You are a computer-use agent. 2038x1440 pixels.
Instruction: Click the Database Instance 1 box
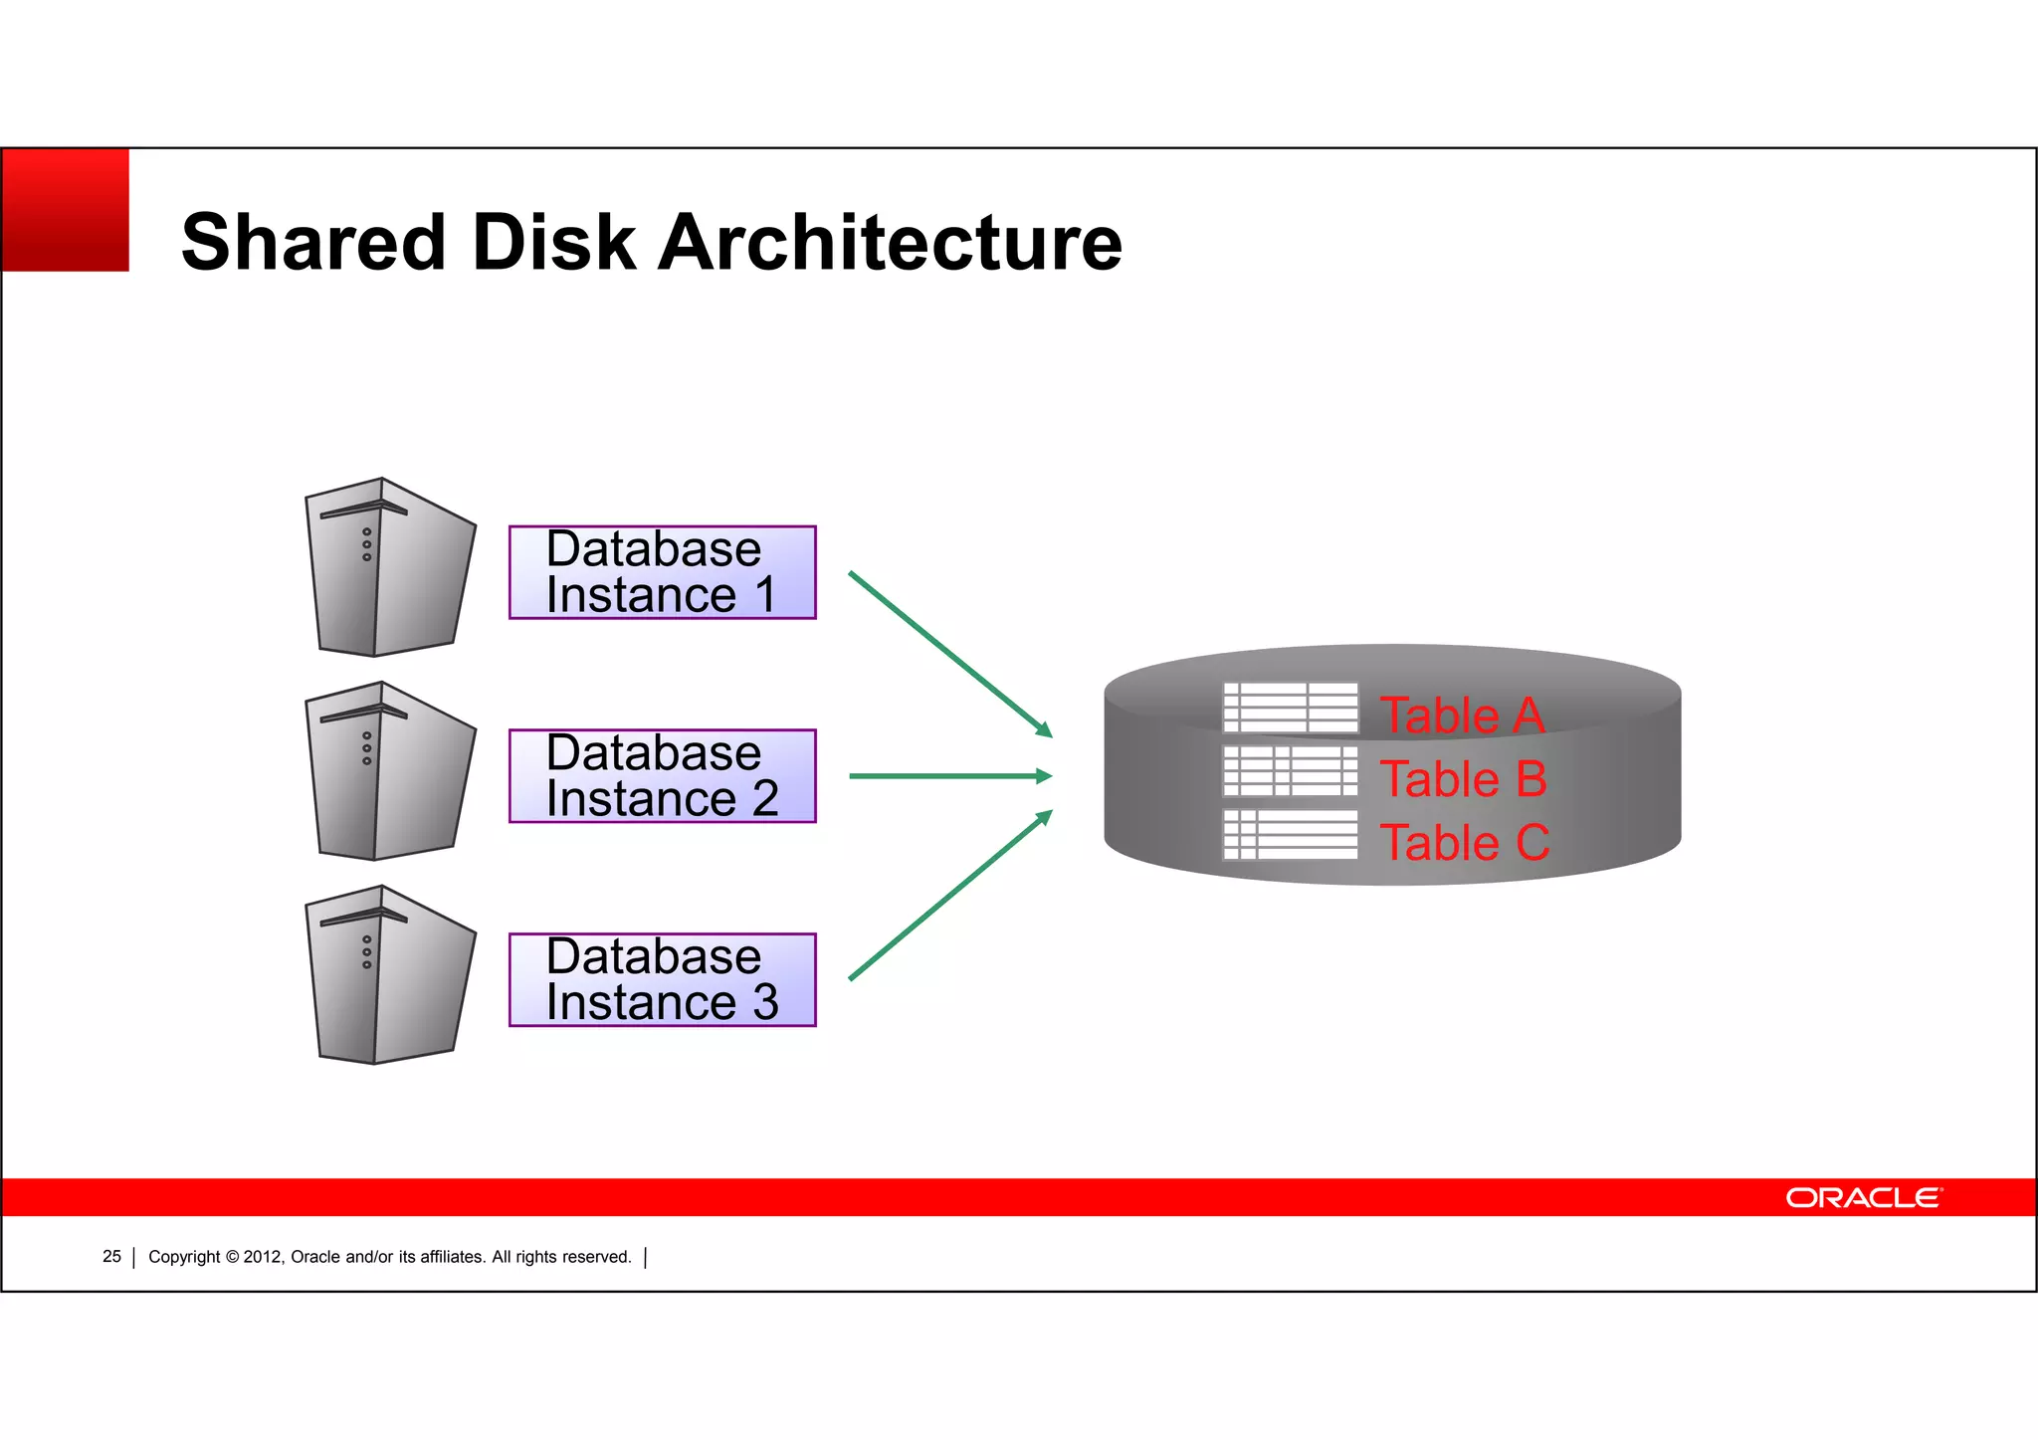click(x=662, y=572)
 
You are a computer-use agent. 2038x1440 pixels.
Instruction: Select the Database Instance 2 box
click(x=662, y=776)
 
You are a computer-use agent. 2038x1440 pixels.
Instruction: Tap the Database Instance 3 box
click(x=662, y=979)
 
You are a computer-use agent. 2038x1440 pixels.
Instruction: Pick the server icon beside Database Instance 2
click(x=388, y=772)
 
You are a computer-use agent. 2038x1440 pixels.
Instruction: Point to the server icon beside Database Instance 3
click(x=388, y=976)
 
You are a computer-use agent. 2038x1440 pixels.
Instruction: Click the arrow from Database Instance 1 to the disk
click(x=949, y=654)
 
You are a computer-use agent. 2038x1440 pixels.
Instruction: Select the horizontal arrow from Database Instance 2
click(x=949, y=776)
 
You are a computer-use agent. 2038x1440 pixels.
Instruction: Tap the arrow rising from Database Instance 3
click(x=949, y=896)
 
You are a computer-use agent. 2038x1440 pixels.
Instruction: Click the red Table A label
click(x=1461, y=716)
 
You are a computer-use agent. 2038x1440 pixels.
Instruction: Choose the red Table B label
click(x=1463, y=779)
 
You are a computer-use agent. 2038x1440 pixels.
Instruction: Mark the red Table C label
click(x=1464, y=843)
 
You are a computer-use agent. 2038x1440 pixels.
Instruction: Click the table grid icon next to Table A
click(x=1291, y=708)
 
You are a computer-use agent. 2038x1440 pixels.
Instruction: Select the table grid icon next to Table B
click(x=1291, y=771)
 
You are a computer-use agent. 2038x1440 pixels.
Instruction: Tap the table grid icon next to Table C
click(x=1291, y=834)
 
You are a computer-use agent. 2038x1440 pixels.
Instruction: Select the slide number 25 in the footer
click(x=111, y=1257)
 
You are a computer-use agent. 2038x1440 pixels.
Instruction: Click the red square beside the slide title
click(x=66, y=210)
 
